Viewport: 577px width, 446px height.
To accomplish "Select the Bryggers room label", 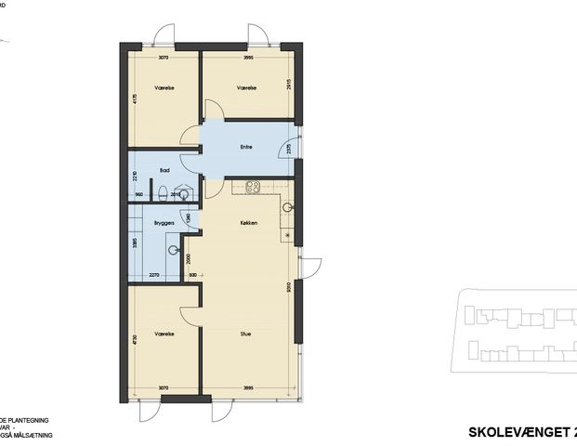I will tap(165, 224).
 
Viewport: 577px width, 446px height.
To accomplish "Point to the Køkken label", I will tap(247, 224).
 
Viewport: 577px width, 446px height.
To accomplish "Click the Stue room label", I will tap(246, 334).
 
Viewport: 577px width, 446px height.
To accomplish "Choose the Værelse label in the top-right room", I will tap(246, 87).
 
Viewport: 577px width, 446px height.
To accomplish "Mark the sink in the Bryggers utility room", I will tap(174, 249).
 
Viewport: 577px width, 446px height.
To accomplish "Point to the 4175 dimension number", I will tap(136, 100).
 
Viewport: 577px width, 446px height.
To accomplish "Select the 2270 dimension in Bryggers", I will tap(155, 275).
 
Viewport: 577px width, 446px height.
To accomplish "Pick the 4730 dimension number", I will tap(136, 340).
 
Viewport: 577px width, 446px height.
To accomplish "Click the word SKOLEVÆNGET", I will tap(511, 432).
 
